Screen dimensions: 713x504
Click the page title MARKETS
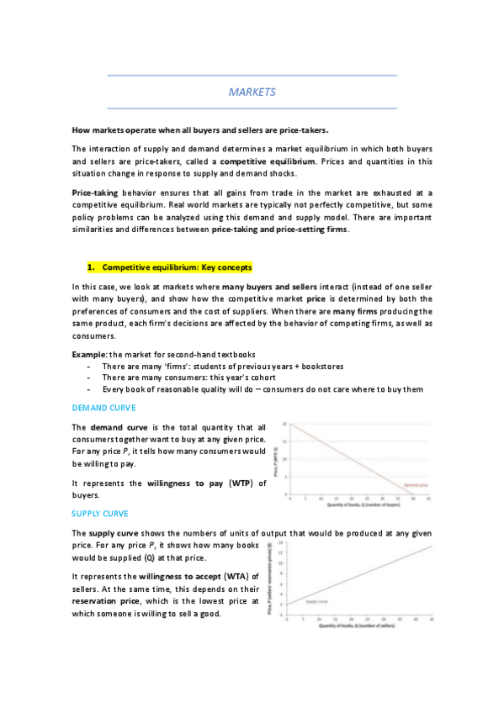coord(252,92)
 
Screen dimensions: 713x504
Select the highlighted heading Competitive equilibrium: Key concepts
coord(177,267)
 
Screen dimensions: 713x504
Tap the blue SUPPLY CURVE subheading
coord(100,511)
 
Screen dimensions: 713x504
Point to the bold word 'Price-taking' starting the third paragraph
coord(96,193)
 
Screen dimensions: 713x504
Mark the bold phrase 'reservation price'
coord(105,602)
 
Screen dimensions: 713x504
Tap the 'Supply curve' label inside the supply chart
coord(316,602)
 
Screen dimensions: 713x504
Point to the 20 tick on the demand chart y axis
coord(284,425)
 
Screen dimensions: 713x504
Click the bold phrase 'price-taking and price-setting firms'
coord(279,230)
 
